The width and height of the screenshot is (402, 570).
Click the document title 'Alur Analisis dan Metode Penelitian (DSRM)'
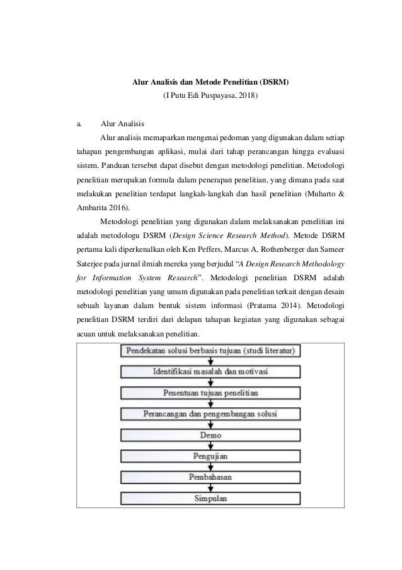coord(210,83)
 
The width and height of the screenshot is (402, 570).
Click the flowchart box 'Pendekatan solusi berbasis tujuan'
coord(210,350)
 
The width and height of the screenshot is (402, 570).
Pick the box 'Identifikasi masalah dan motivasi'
coord(210,371)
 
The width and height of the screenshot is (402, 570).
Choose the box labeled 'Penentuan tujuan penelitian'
coord(210,393)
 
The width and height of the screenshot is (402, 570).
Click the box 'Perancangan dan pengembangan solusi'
coord(210,414)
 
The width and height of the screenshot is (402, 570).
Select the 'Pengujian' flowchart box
coord(210,456)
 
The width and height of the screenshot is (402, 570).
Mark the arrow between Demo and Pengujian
coord(210,446)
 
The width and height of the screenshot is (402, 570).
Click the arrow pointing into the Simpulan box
coord(210,488)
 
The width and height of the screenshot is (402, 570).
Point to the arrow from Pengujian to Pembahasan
coord(210,466)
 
